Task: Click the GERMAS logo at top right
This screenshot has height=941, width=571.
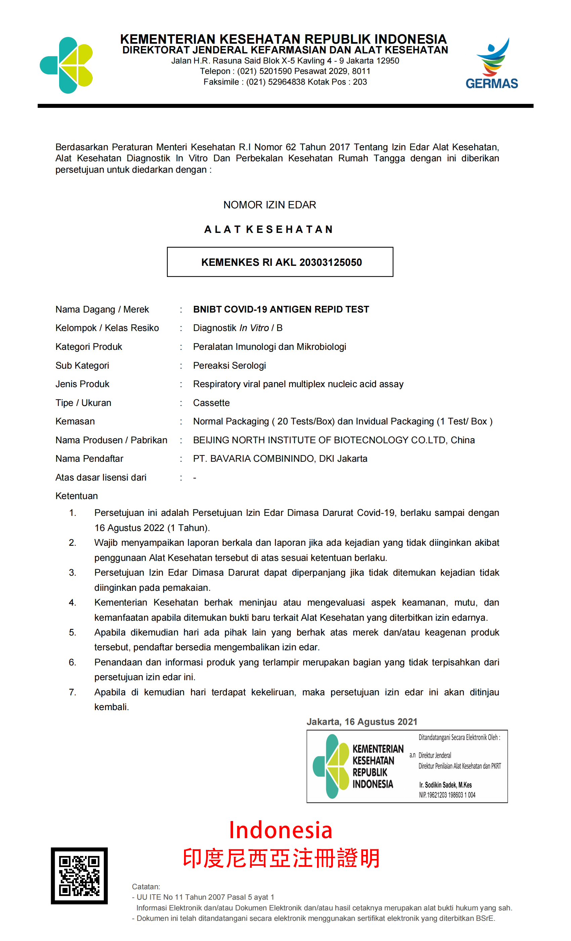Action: [492, 64]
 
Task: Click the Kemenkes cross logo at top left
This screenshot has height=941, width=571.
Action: [67, 65]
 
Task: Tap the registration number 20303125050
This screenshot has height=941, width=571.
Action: [331, 262]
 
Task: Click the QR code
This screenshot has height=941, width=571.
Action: [79, 875]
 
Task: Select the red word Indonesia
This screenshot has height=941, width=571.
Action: [280, 830]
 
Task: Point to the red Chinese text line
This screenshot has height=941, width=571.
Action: [281, 859]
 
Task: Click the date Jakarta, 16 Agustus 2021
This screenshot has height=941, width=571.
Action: [361, 722]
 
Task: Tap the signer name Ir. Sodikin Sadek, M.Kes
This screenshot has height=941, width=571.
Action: [445, 785]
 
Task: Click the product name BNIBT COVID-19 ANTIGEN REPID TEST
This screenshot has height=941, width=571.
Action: [281, 309]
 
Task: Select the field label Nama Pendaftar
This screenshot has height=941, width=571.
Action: [89, 459]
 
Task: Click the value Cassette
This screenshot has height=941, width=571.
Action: [211, 403]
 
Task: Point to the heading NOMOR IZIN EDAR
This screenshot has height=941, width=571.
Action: [269, 205]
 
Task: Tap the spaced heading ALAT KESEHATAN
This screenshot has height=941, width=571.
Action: [269, 230]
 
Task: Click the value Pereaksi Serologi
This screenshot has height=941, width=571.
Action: [229, 366]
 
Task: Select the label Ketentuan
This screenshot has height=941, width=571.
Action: [76, 496]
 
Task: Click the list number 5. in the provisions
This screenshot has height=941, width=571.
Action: [73, 632]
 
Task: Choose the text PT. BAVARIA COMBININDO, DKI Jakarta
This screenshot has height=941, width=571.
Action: [280, 459]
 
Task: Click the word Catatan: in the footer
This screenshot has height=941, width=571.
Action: [146, 887]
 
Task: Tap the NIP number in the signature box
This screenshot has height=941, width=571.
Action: [447, 795]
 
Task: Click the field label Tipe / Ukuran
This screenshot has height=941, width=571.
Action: [83, 403]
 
